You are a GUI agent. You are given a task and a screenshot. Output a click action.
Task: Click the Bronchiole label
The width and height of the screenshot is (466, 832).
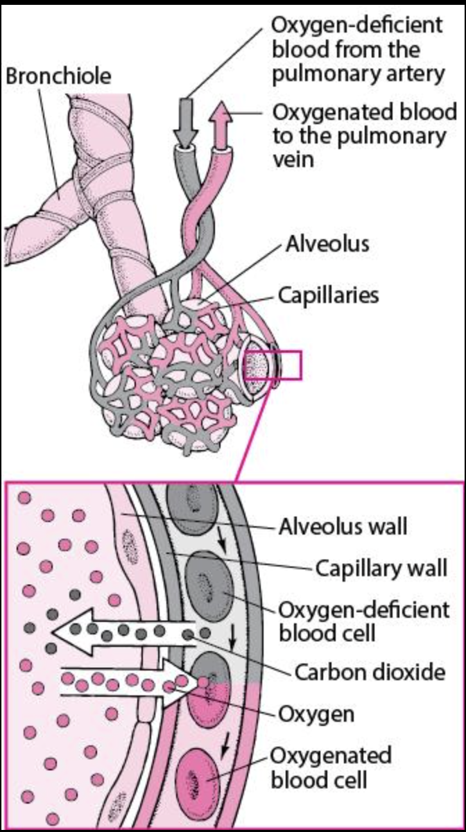(x=58, y=76)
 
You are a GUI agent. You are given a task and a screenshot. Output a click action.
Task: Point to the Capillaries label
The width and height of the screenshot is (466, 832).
(x=329, y=295)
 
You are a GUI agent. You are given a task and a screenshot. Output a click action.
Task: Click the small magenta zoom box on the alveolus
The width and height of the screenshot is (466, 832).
(x=281, y=365)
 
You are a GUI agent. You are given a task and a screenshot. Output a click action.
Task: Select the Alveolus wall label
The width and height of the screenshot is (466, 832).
(x=343, y=527)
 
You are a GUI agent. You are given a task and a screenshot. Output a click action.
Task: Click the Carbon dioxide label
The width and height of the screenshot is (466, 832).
(x=370, y=672)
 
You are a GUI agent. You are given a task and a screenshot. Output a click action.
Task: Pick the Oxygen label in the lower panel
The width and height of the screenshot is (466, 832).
(x=316, y=713)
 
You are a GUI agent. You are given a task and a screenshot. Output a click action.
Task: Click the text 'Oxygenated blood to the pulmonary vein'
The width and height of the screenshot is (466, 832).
(x=364, y=136)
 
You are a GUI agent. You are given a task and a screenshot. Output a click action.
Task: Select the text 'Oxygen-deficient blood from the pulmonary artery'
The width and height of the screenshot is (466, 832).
(x=357, y=50)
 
